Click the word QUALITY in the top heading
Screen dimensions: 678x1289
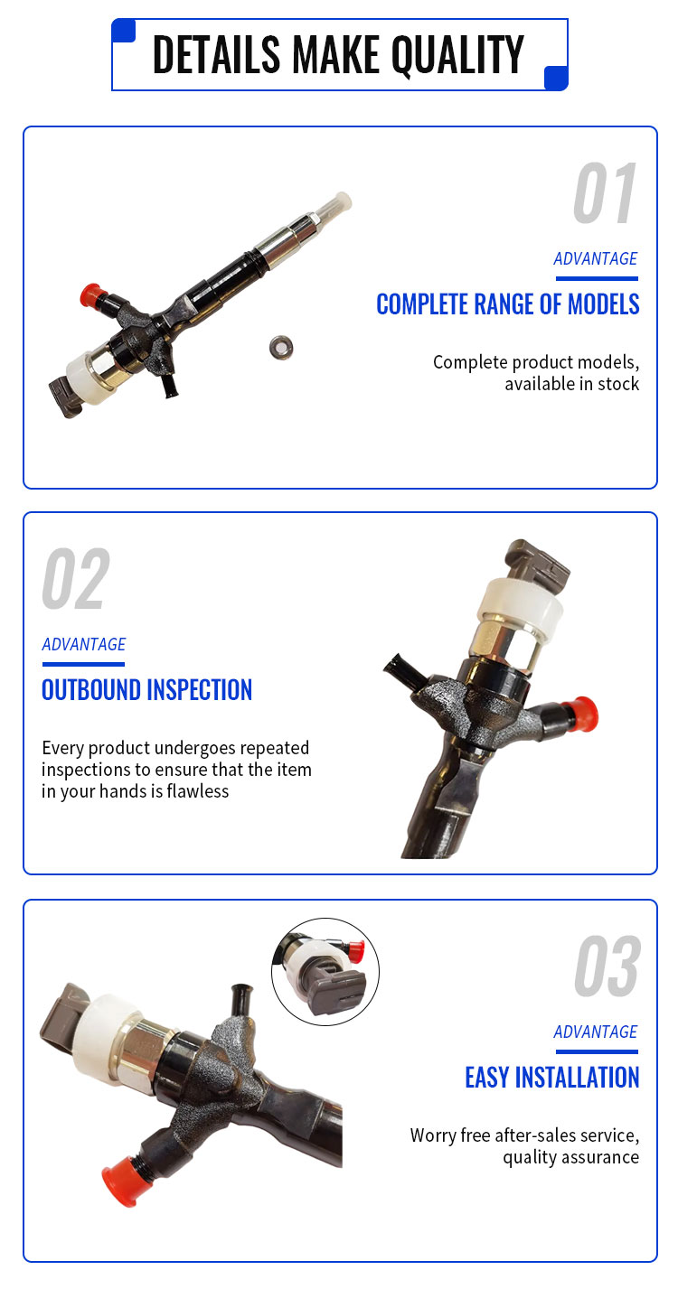(x=457, y=55)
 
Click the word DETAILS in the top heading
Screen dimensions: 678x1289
(x=217, y=54)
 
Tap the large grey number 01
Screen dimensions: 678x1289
(x=605, y=192)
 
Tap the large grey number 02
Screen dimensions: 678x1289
(x=75, y=578)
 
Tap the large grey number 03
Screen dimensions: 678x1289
(x=607, y=966)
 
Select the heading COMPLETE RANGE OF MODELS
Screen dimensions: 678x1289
(x=507, y=304)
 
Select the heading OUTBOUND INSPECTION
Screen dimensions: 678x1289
(x=146, y=690)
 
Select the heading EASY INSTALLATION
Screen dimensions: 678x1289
(x=551, y=1078)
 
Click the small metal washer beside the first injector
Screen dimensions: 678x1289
(x=281, y=348)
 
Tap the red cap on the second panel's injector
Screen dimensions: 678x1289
(x=582, y=713)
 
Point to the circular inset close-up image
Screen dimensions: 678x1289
(x=325, y=971)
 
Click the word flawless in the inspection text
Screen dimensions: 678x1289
(x=198, y=791)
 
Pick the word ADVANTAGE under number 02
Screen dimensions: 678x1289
(x=83, y=645)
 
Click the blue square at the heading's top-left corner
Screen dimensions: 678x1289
(x=123, y=31)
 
